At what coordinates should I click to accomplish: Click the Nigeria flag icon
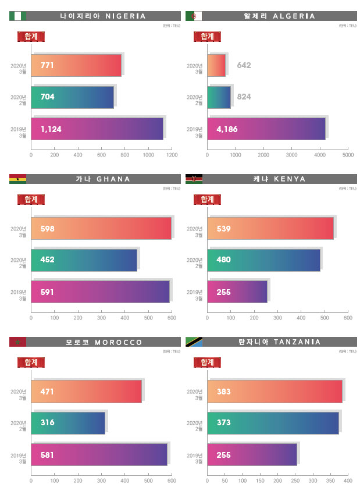pyautogui.click(x=17, y=16)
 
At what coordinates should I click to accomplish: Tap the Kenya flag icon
pyautogui.click(x=194, y=179)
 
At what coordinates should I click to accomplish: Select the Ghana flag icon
pyautogui.click(x=17, y=179)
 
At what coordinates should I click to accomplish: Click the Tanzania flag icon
pyautogui.click(x=194, y=341)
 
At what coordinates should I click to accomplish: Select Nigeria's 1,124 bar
pyautogui.click(x=97, y=129)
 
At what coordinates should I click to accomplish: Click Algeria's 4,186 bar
pyautogui.click(x=266, y=129)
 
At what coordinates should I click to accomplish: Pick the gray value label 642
pyautogui.click(x=244, y=65)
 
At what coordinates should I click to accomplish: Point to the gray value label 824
pyautogui.click(x=244, y=97)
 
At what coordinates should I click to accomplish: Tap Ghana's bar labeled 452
pyautogui.click(x=84, y=260)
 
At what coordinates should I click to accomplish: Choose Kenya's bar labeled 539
pyautogui.click(x=270, y=228)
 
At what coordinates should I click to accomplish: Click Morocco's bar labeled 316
pyautogui.click(x=68, y=422)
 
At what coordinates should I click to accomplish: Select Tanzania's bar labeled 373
pyautogui.click(x=273, y=422)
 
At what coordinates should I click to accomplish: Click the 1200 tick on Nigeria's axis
pyautogui.click(x=172, y=156)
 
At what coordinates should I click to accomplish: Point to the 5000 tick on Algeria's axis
pyautogui.click(x=348, y=156)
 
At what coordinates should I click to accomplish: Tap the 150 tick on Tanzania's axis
pyautogui.click(x=260, y=481)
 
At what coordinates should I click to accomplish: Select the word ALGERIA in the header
pyautogui.click(x=296, y=16)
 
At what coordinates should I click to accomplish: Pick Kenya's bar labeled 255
pyautogui.click(x=237, y=292)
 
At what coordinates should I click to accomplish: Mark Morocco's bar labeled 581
pyautogui.click(x=99, y=454)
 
